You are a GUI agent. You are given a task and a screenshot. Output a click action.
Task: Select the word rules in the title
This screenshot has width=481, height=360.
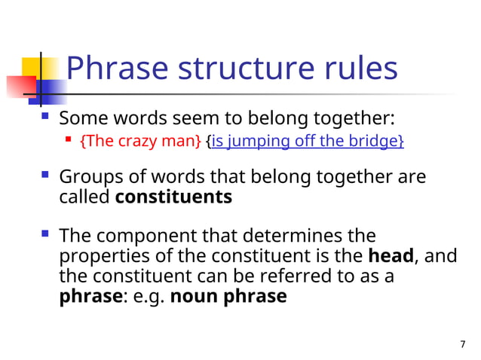click(x=357, y=69)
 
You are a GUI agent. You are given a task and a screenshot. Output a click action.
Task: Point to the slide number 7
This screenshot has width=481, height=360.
click(x=463, y=344)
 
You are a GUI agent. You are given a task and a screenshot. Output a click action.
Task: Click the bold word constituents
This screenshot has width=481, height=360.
click(x=173, y=197)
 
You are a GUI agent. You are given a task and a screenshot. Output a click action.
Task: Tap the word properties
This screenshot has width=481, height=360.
click(x=102, y=257)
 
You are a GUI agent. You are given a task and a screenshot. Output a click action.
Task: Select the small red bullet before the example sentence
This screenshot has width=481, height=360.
click(x=69, y=139)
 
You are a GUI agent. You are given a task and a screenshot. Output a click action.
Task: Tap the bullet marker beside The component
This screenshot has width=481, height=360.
click(x=46, y=235)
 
